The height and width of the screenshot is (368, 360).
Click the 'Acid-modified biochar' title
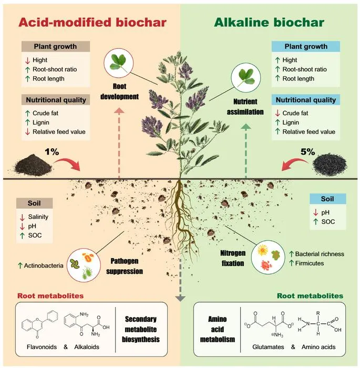[92, 23]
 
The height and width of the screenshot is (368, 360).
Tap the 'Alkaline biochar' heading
[269, 23]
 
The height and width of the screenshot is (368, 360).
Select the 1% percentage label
[52, 152]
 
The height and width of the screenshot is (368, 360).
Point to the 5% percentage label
[307, 152]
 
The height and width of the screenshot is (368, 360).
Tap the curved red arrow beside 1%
[68, 163]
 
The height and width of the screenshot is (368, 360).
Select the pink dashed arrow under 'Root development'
[119, 143]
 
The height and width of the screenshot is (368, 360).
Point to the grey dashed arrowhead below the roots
[180, 298]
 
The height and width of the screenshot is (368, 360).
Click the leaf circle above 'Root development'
[119, 63]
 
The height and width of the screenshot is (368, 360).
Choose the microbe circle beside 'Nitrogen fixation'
[268, 258]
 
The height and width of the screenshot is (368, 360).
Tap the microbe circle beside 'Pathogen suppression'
[84, 265]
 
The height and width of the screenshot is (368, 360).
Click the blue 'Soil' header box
[327, 199]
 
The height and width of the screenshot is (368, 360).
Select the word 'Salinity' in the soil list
[38, 217]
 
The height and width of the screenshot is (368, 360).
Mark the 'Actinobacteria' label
[44, 265]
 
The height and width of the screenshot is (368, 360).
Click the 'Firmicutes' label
[310, 263]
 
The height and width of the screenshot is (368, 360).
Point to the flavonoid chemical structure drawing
[39, 324]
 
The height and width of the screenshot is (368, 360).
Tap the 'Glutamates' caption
[268, 347]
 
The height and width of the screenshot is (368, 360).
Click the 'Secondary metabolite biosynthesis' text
[141, 329]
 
